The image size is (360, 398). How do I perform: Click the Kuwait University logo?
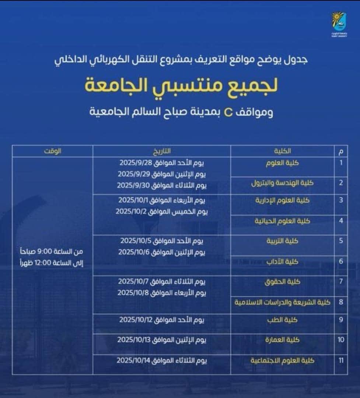[338, 24]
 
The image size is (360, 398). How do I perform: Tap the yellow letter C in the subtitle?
[228, 111]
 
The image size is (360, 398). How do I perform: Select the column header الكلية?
[283, 151]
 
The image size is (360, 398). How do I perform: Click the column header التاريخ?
[162, 151]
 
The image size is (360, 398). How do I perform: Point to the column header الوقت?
[52, 151]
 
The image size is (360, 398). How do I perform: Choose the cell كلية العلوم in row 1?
[283, 163]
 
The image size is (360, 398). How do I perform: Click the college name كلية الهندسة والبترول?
[282, 183]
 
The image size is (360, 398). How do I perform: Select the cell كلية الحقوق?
[283, 282]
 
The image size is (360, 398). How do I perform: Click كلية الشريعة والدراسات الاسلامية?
[282, 302]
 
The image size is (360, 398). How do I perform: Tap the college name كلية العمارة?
[283, 340]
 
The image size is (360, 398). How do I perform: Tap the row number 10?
[341, 340]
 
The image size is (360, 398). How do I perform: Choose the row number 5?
[341, 241]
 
